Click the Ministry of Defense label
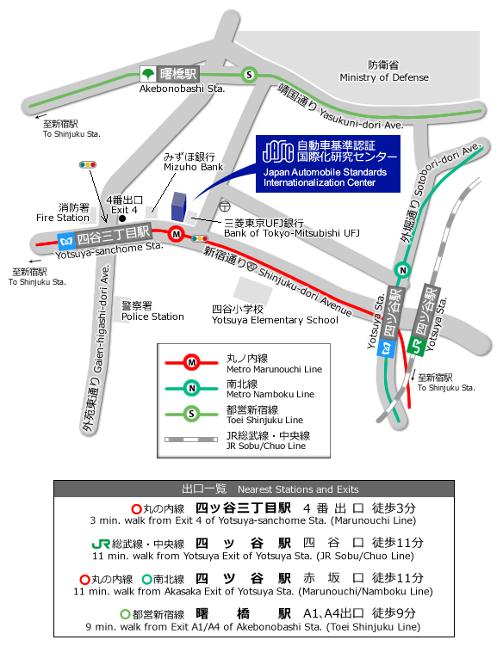384,71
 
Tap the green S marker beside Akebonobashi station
249,75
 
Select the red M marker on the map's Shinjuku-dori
177,235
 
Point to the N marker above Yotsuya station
402,270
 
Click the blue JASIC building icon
178,206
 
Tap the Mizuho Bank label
193,162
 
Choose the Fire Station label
63,212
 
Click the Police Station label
152,311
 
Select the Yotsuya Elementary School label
275,315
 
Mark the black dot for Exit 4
122,218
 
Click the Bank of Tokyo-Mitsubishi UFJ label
292,228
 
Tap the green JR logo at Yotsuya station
416,345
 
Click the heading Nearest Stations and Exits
298,489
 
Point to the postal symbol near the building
225,206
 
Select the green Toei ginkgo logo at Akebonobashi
147,74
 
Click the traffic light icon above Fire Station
88,165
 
